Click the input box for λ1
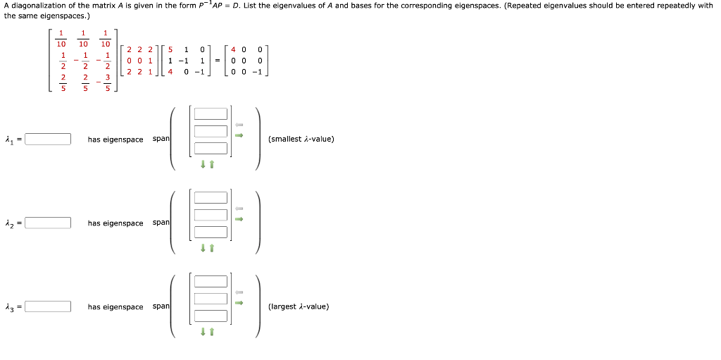pyautogui.click(x=48, y=139)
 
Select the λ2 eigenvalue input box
pyautogui.click(x=48, y=223)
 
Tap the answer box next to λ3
pyautogui.click(x=48, y=307)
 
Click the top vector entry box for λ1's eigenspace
pyautogui.click(x=211, y=114)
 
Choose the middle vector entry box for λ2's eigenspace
pyautogui.click(x=211, y=215)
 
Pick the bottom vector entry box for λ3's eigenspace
pyautogui.click(x=211, y=316)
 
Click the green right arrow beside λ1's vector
pyautogui.click(x=239, y=135)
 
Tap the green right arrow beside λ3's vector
pyautogui.click(x=239, y=303)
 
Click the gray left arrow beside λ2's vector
pyautogui.click(x=239, y=209)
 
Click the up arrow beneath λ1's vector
pyautogui.click(x=211, y=165)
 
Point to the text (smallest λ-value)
pyautogui.click(x=301, y=139)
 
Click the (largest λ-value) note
pyautogui.click(x=299, y=307)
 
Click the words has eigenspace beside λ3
pyautogui.click(x=115, y=307)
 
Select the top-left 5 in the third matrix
pyautogui.click(x=171, y=50)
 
